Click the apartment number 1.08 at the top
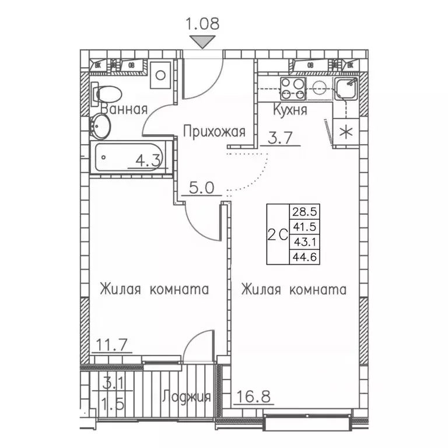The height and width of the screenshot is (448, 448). (x=201, y=24)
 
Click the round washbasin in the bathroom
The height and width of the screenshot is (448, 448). (x=101, y=125)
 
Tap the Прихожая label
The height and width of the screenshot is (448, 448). (x=213, y=132)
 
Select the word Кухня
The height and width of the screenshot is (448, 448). (x=290, y=110)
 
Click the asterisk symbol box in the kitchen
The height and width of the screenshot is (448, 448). (x=347, y=132)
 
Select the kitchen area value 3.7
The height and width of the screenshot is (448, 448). (x=279, y=138)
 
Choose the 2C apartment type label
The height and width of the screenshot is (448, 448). (x=278, y=233)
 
